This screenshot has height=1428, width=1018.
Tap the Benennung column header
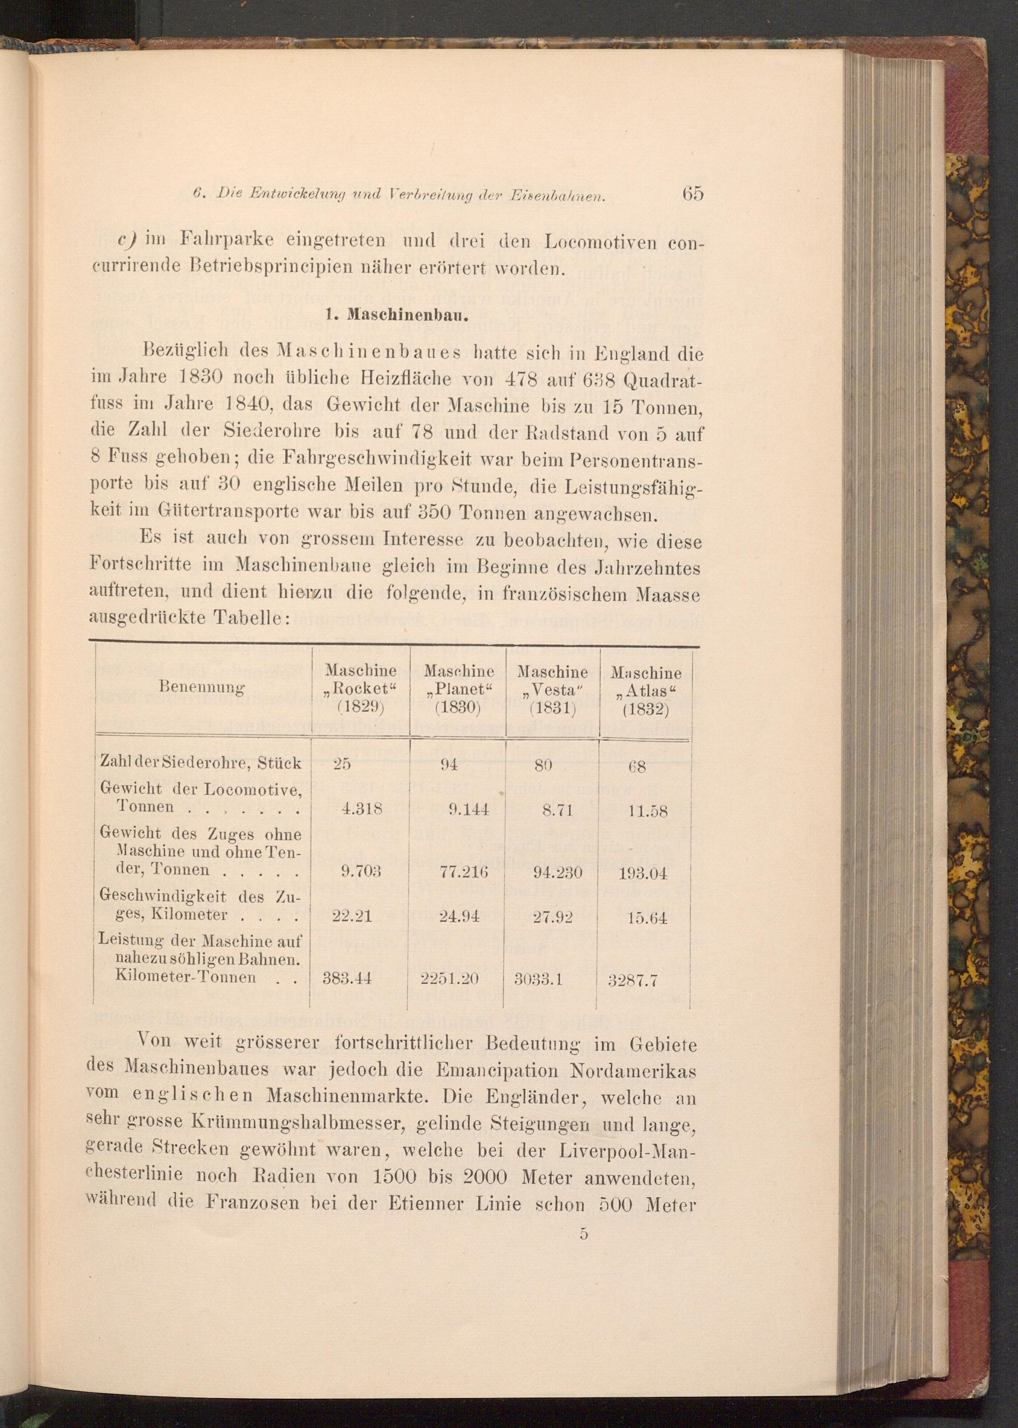[x=203, y=687]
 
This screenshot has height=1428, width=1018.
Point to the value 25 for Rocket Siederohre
[x=342, y=764]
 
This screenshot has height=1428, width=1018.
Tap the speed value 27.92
[x=553, y=917]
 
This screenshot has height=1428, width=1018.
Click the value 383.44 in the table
[x=347, y=978]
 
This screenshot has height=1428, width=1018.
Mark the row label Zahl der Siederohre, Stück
[x=201, y=763]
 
